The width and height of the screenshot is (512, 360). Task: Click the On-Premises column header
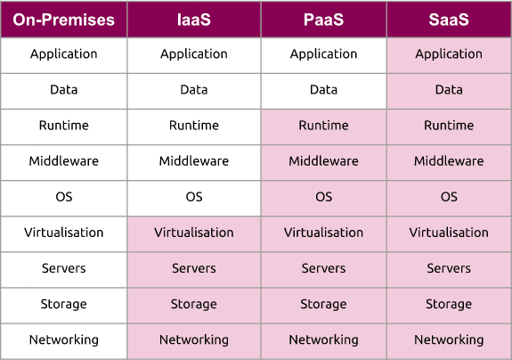pyautogui.click(x=64, y=20)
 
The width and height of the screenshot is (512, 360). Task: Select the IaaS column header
pyautogui.click(x=194, y=20)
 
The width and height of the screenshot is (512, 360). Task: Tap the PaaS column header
pyautogui.click(x=323, y=20)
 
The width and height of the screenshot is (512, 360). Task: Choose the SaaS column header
pyautogui.click(x=449, y=20)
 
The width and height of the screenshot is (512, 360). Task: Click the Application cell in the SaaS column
pyautogui.click(x=449, y=55)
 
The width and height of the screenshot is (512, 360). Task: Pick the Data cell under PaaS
pyautogui.click(x=323, y=91)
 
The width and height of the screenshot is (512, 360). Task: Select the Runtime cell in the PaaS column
pyautogui.click(x=323, y=127)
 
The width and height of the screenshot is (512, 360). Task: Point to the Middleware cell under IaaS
pyautogui.click(x=194, y=162)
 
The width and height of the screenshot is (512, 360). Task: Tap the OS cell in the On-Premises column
pyautogui.click(x=64, y=199)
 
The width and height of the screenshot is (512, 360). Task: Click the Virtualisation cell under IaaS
pyautogui.click(x=194, y=233)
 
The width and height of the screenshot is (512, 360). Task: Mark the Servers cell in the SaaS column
pyautogui.click(x=449, y=269)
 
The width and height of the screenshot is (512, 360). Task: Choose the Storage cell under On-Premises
pyautogui.click(x=64, y=306)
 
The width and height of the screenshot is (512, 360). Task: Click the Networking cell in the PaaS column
pyautogui.click(x=323, y=341)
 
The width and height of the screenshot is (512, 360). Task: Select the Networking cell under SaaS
pyautogui.click(x=449, y=341)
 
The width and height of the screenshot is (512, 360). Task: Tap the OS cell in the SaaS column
pyautogui.click(x=449, y=199)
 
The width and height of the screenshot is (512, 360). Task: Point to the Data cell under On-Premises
pyautogui.click(x=64, y=91)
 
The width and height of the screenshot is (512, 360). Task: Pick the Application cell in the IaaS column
pyautogui.click(x=194, y=55)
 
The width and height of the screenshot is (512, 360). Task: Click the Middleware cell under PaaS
pyautogui.click(x=323, y=162)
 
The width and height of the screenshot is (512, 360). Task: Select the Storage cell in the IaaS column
pyautogui.click(x=194, y=306)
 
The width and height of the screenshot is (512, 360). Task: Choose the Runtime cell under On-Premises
pyautogui.click(x=64, y=127)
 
